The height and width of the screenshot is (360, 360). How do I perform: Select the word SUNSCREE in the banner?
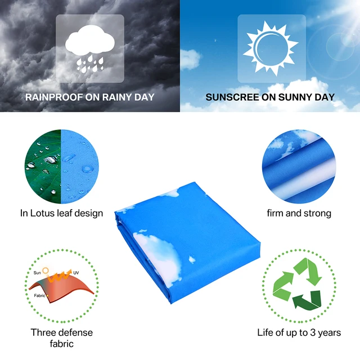click(x=228, y=97)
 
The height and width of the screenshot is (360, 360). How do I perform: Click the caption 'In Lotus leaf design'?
click(x=62, y=213)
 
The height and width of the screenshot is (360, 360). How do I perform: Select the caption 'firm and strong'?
click(x=299, y=213)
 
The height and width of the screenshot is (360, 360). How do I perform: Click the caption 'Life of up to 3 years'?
click(x=299, y=332)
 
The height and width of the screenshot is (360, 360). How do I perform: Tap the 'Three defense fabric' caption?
click(x=62, y=337)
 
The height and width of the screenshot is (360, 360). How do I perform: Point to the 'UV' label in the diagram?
click(x=76, y=272)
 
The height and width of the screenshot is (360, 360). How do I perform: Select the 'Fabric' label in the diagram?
click(x=39, y=295)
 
